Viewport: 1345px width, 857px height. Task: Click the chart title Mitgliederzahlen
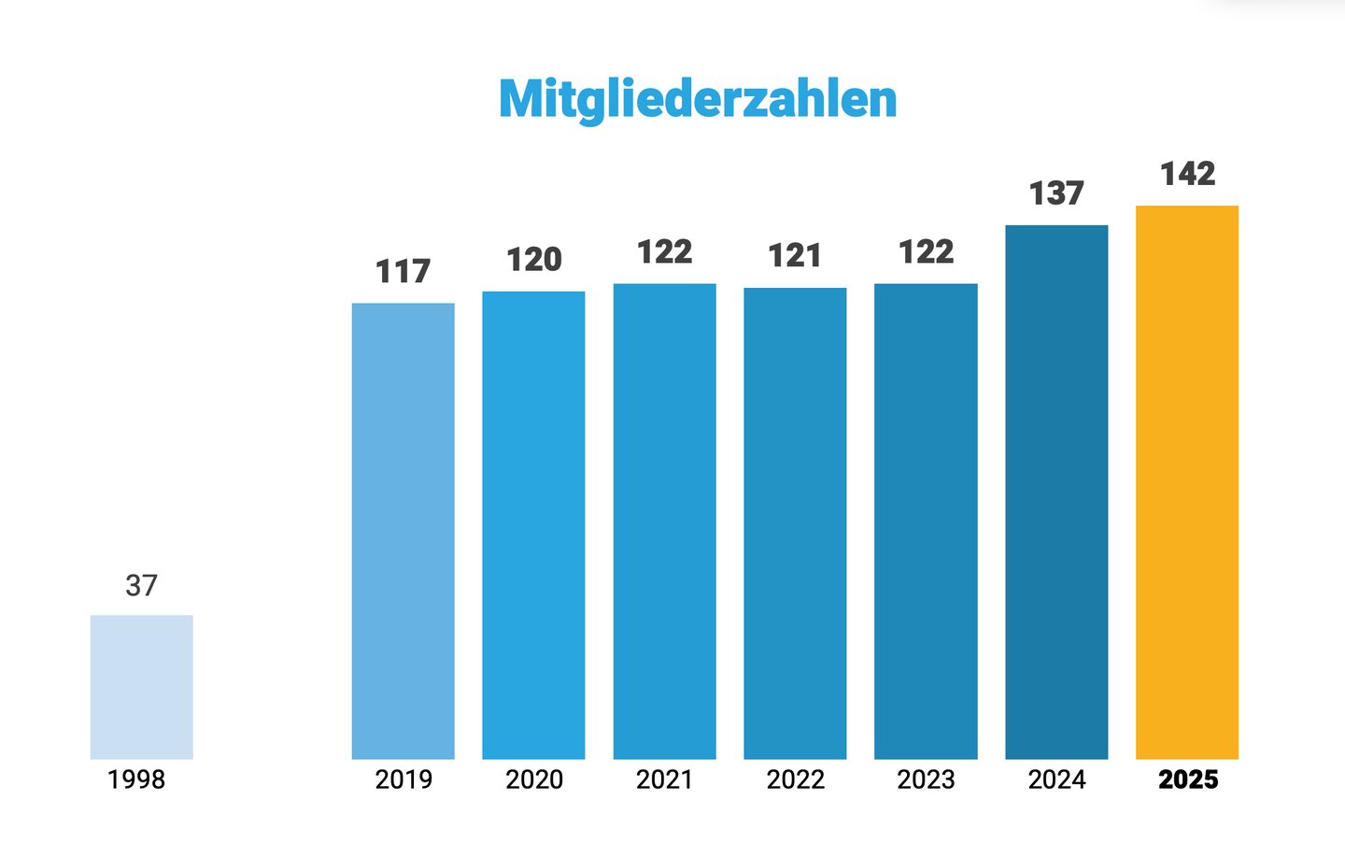(x=698, y=99)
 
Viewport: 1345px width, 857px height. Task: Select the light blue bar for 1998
(x=141, y=687)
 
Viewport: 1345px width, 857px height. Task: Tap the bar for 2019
(x=403, y=531)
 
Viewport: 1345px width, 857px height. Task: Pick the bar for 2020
(x=533, y=525)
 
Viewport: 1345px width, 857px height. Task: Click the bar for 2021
(x=664, y=521)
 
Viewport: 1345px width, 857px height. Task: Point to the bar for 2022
(x=795, y=523)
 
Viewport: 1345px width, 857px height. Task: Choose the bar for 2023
(x=926, y=521)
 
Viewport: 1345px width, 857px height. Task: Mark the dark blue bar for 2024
(x=1056, y=493)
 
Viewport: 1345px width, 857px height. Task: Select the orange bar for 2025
(x=1187, y=482)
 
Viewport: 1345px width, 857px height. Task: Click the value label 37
(x=141, y=586)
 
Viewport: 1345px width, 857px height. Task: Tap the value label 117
(x=403, y=272)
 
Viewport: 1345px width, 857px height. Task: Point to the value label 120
(x=533, y=260)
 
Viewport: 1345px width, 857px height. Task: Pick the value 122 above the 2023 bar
(x=926, y=252)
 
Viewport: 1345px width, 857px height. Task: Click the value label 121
(x=795, y=256)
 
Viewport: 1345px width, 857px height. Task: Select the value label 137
(x=1056, y=193)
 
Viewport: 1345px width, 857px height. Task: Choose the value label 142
(x=1187, y=174)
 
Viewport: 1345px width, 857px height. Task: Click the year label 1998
(x=136, y=779)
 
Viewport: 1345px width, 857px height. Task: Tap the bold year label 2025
(x=1188, y=779)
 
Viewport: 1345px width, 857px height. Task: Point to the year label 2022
(x=796, y=779)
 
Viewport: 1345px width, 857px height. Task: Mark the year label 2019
(x=403, y=779)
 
